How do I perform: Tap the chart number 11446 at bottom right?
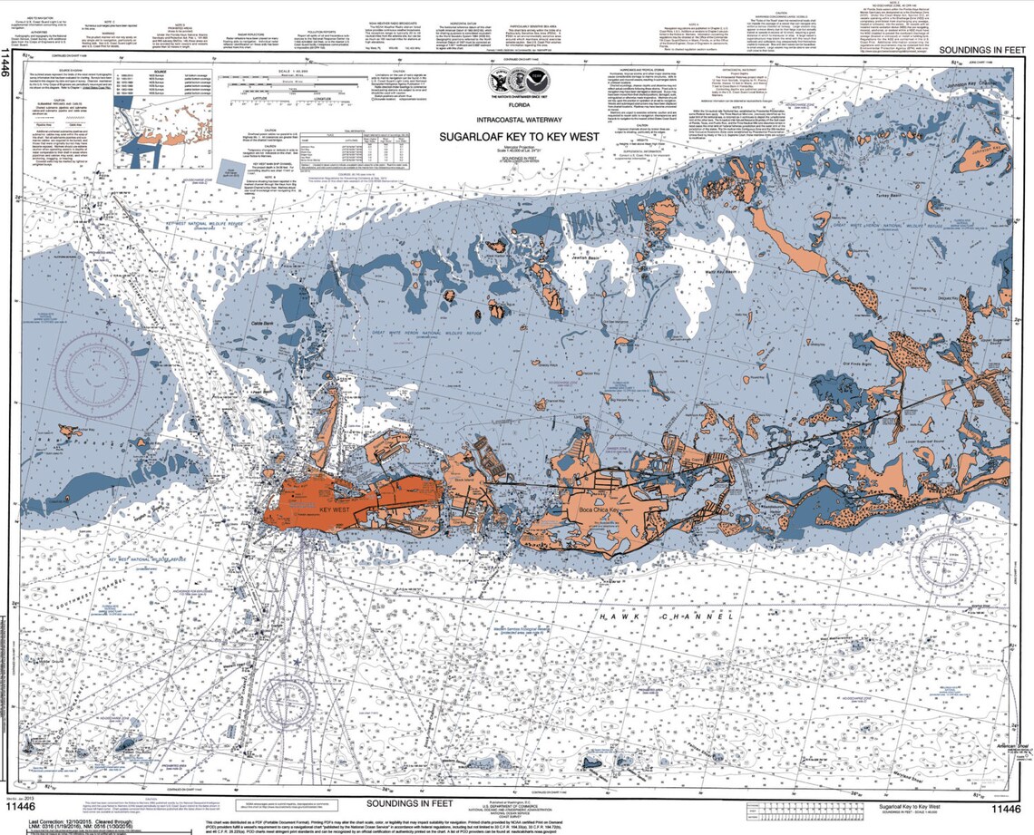click(1006, 809)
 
